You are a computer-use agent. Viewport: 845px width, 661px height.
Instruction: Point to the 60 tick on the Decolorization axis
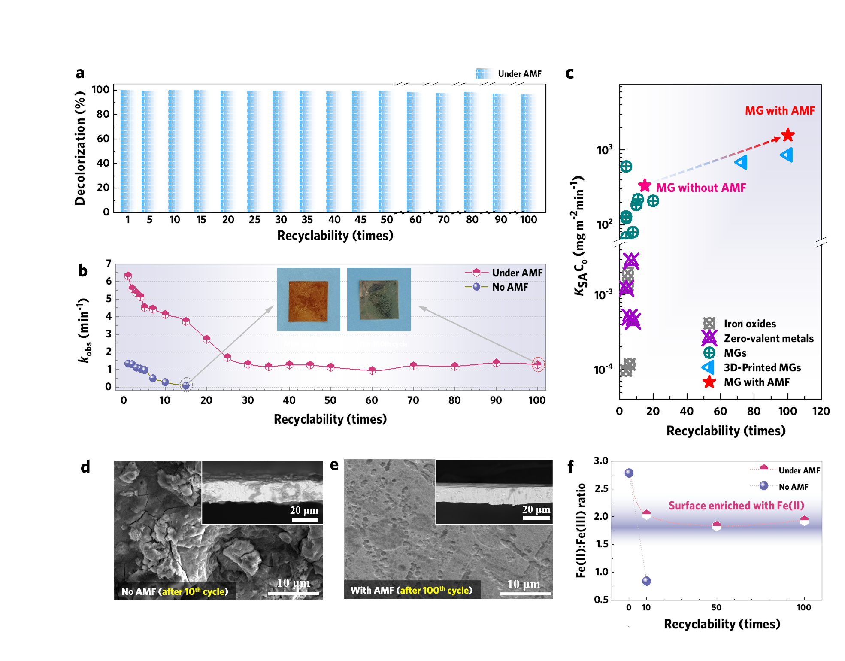(x=103, y=139)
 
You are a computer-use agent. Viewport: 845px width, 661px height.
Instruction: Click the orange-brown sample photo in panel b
(x=309, y=300)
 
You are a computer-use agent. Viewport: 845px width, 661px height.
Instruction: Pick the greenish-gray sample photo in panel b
(x=379, y=300)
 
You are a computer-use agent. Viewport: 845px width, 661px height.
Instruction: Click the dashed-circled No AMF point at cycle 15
(x=186, y=385)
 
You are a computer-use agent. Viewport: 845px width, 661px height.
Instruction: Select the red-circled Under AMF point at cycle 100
(x=538, y=364)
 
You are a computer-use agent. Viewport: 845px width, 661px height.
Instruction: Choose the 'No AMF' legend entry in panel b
(x=510, y=287)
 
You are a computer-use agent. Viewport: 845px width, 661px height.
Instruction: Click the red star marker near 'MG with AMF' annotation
(x=788, y=135)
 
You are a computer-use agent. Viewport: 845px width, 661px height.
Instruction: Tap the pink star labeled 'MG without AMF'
(x=645, y=186)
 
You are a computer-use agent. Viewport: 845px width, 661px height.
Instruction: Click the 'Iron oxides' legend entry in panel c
(x=749, y=324)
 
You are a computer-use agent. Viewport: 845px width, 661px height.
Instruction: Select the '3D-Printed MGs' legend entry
(x=762, y=367)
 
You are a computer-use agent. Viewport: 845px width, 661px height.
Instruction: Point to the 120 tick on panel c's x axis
(x=821, y=411)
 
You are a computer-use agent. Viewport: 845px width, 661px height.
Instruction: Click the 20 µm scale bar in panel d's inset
(x=304, y=520)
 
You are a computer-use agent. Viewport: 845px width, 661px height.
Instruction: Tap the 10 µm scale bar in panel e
(x=525, y=594)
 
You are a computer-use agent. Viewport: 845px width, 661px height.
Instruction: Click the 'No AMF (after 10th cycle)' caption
(x=175, y=591)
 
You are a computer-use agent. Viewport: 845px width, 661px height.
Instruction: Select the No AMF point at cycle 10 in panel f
(x=646, y=581)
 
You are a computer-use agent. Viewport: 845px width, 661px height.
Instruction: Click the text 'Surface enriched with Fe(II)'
(x=736, y=506)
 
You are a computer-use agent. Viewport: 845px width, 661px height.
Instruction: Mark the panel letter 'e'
(x=334, y=465)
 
